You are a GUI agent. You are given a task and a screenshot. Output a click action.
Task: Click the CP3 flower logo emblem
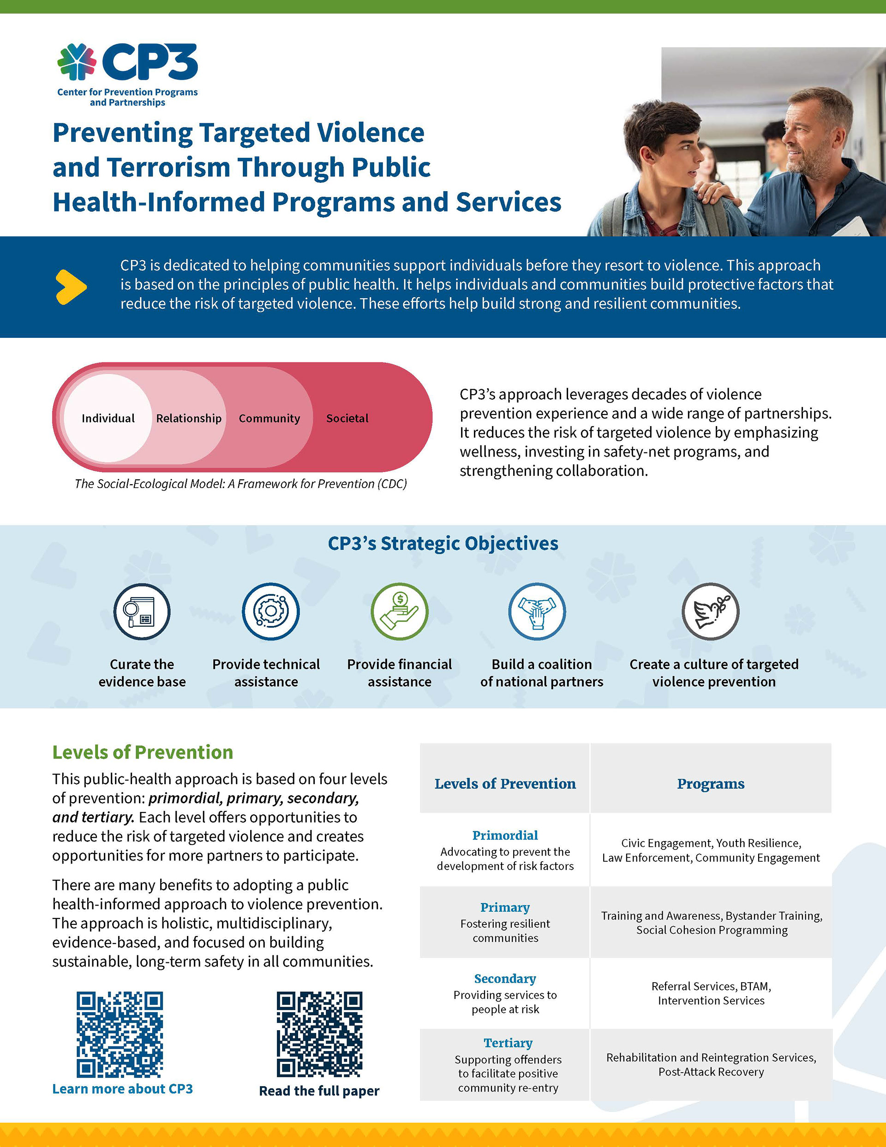tap(77, 62)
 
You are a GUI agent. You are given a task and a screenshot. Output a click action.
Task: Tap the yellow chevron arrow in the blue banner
tap(71, 287)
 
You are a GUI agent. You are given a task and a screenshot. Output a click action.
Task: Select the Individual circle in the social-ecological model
tap(108, 418)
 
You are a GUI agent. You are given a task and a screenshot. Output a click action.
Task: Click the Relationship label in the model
tap(189, 418)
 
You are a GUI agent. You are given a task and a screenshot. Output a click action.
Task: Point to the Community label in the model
tap(269, 418)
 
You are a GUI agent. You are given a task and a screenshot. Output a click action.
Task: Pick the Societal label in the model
tap(347, 418)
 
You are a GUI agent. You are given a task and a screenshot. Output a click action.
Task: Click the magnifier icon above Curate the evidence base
tap(142, 611)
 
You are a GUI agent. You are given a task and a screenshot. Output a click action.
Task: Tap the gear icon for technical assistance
tap(270, 611)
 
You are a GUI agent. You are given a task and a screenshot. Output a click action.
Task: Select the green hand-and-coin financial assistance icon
tap(400, 611)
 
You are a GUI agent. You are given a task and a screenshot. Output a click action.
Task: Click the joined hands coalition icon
tap(537, 611)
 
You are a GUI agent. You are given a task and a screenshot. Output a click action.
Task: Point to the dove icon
tap(710, 611)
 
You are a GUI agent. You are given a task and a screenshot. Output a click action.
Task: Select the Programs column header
tap(711, 784)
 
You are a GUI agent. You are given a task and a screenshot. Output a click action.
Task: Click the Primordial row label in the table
tap(505, 835)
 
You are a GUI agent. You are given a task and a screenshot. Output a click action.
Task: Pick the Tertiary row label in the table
tap(508, 1043)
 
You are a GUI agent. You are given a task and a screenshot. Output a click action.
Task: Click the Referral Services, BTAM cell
tap(711, 993)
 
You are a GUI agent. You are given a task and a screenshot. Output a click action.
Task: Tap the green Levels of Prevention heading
tap(142, 752)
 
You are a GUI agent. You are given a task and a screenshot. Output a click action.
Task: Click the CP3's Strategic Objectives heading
tap(443, 543)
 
